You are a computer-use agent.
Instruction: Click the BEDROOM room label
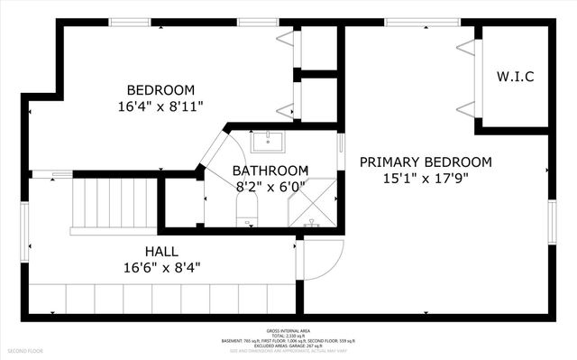click(160, 89)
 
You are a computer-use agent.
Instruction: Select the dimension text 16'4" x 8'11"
click(160, 106)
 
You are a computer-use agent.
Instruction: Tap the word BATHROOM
click(270, 171)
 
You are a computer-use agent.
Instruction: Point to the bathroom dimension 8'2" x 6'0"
click(270, 187)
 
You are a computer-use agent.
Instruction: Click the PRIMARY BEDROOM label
click(426, 162)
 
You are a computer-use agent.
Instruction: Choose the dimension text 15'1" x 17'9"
click(426, 178)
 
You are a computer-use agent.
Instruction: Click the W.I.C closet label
click(516, 77)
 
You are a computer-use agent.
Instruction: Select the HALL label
click(161, 251)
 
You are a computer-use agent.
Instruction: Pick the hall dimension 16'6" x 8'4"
click(161, 267)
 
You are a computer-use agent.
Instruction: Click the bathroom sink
click(266, 142)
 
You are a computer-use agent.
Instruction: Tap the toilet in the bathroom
click(247, 217)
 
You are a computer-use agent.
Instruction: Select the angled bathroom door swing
click(216, 149)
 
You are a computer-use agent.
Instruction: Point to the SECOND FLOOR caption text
click(25, 349)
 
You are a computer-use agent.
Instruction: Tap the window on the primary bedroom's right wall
click(551, 221)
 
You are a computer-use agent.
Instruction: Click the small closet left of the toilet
click(183, 202)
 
